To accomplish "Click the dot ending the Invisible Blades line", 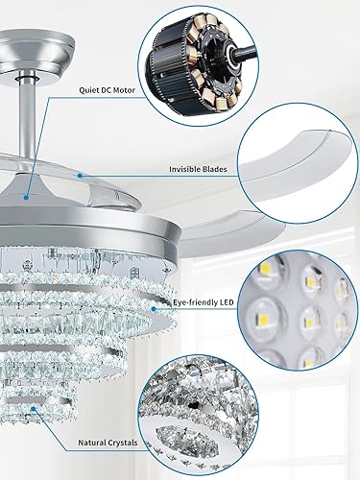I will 79,175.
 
